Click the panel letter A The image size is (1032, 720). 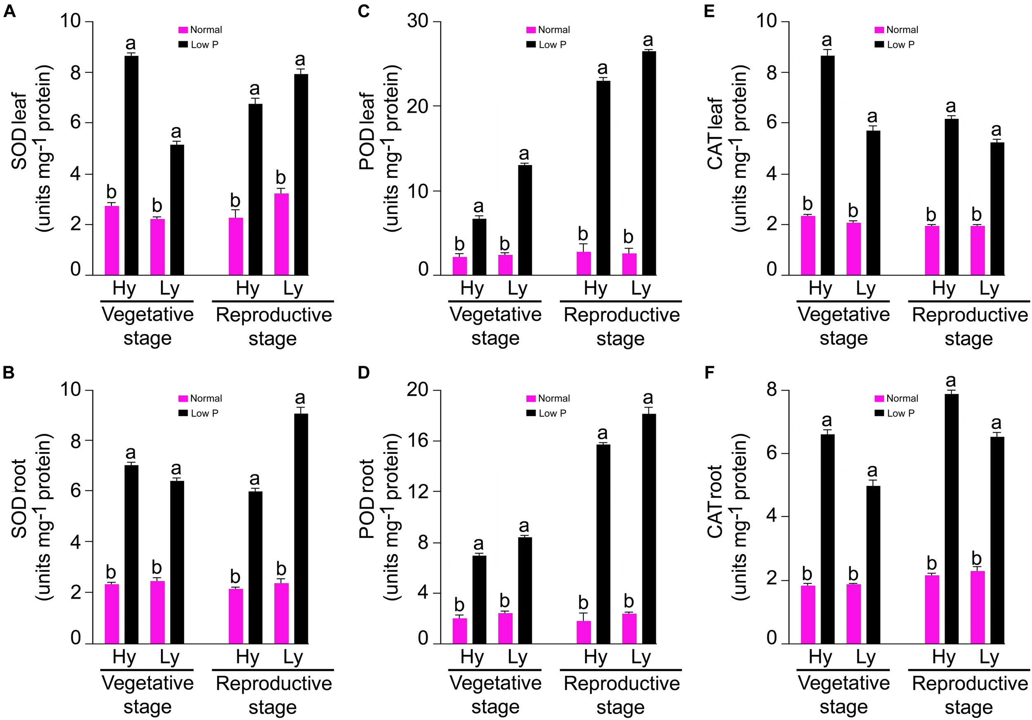coord(9,11)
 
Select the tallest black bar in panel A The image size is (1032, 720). coord(131,166)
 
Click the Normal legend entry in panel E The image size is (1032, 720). coord(897,30)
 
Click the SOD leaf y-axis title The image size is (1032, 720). coord(31,148)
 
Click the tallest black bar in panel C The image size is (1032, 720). coord(649,163)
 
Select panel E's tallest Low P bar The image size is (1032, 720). coord(828,166)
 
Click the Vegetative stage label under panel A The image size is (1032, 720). coord(147,326)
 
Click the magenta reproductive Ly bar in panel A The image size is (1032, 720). coord(282,234)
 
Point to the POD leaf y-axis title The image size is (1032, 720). coord(380,148)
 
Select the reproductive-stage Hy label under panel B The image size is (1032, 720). coord(248,657)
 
